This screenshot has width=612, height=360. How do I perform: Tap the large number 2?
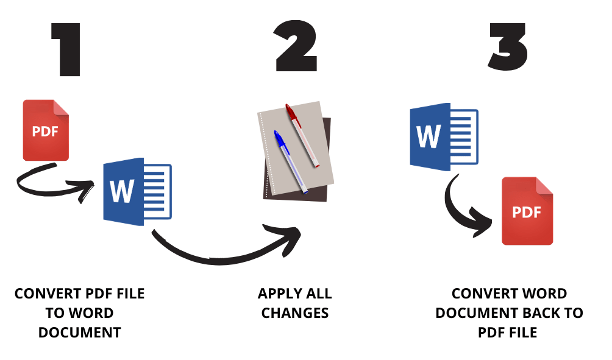(x=296, y=48)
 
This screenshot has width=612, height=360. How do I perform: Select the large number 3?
(x=508, y=48)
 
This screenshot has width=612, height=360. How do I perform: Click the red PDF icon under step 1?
(x=46, y=130)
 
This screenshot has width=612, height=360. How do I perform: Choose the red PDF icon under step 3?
(x=527, y=211)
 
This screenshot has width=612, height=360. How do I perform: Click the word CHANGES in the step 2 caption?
(x=295, y=313)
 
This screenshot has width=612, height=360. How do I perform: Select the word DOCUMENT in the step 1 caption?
(x=79, y=333)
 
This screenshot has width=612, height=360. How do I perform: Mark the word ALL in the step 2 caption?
(x=320, y=294)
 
